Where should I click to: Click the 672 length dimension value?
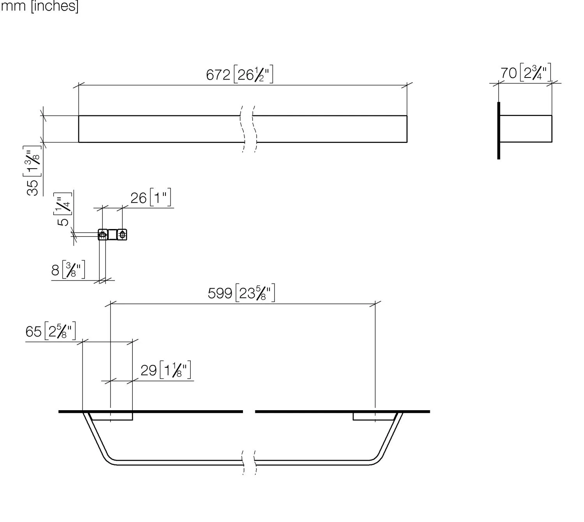tap(218, 75)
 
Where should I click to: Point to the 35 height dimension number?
tap(32, 188)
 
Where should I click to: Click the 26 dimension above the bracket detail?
tap(138, 198)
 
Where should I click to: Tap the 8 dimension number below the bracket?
tap(55, 270)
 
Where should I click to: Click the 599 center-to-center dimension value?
tap(220, 293)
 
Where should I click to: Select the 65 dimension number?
tap(33, 332)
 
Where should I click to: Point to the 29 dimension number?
tap(148, 370)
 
